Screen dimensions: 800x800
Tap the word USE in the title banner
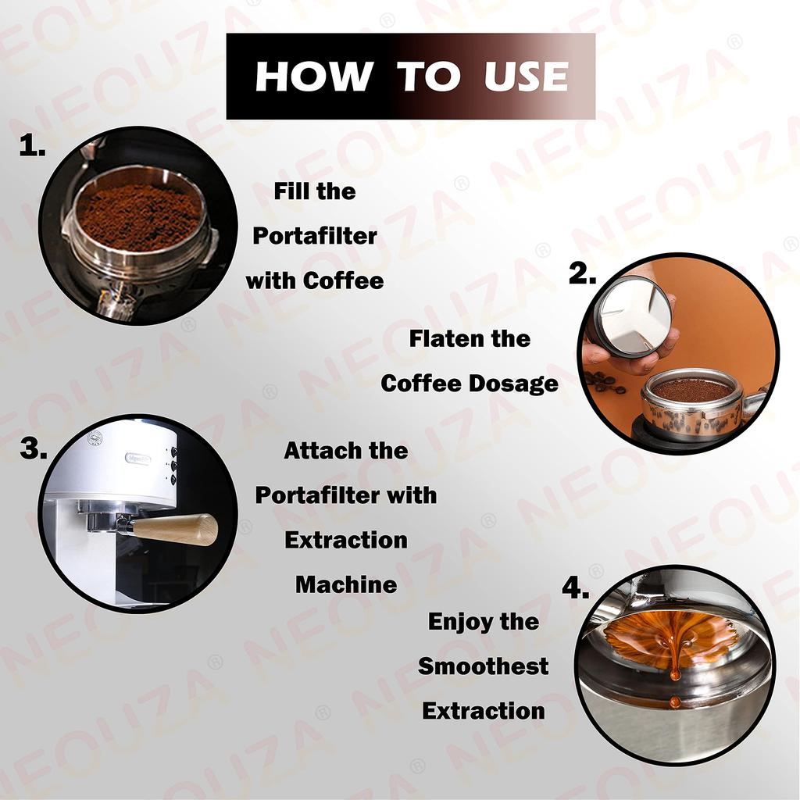[x=526, y=77]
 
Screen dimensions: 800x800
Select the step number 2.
[x=582, y=273]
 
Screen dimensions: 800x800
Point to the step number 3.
[x=33, y=450]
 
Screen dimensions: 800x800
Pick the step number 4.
[x=575, y=589]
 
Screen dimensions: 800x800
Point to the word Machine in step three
[x=345, y=584]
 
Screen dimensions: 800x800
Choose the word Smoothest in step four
[x=483, y=666]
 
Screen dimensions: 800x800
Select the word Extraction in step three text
[x=345, y=540]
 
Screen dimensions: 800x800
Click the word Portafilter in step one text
[x=314, y=236]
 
